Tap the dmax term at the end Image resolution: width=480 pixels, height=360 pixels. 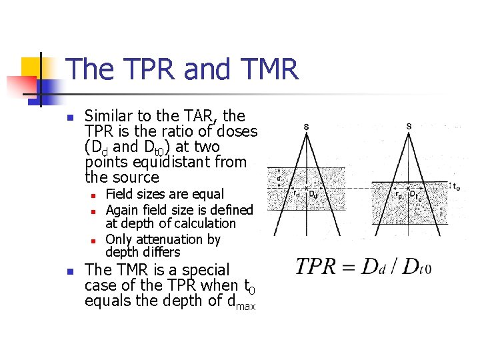(241, 302)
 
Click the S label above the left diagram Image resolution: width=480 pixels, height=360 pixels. (306, 127)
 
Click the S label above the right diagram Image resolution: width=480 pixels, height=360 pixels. (409, 127)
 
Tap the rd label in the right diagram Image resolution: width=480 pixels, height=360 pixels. (399, 195)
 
